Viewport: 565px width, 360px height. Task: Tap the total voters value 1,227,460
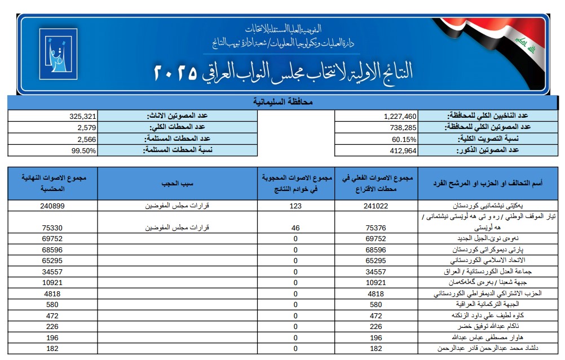coord(400,115)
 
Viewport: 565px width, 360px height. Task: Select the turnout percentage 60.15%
coord(404,139)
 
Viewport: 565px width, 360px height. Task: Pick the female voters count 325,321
coord(83,115)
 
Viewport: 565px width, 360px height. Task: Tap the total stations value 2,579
coord(87,127)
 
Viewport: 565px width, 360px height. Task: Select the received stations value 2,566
coord(87,139)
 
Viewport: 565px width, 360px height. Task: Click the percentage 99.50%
coord(83,150)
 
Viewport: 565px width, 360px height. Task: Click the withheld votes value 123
coord(296,206)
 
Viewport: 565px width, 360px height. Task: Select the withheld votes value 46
coord(296,227)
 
